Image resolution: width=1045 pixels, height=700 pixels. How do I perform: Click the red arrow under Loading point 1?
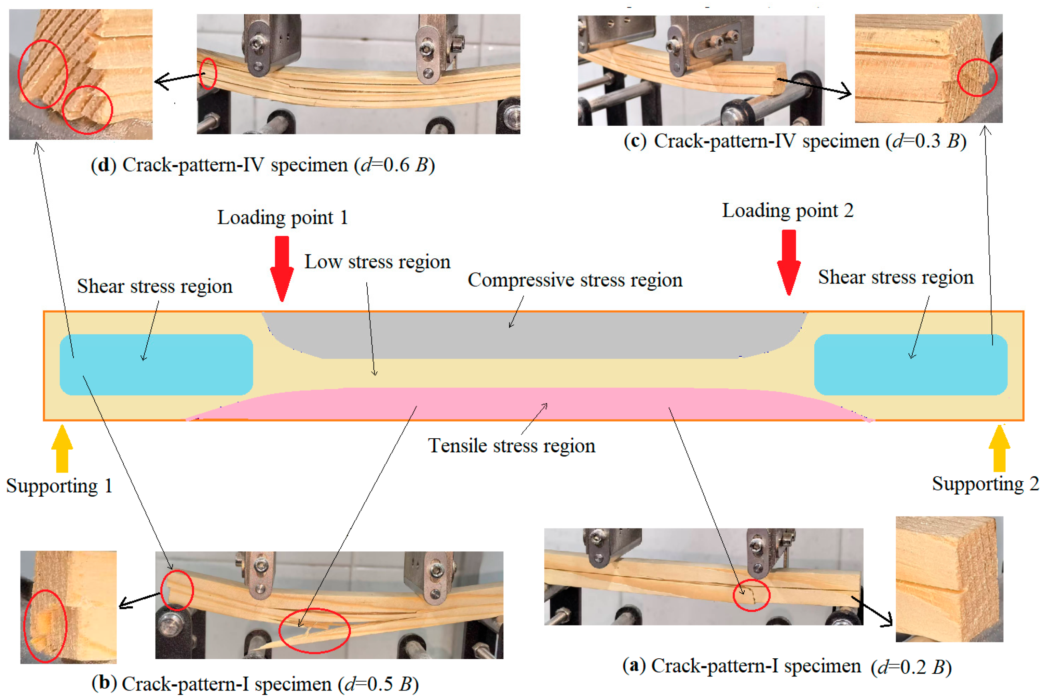pyautogui.click(x=282, y=268)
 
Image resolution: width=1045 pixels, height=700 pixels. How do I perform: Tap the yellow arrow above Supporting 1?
pyautogui.click(x=62, y=448)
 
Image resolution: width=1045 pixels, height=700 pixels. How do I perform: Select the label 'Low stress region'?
pyautogui.click(x=377, y=262)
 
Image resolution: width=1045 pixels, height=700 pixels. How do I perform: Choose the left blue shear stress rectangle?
pyautogui.click(x=156, y=365)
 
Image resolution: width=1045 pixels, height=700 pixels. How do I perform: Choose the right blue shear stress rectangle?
pyautogui.click(x=911, y=365)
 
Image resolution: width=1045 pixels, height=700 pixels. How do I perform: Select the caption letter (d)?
pyautogui.click(x=103, y=165)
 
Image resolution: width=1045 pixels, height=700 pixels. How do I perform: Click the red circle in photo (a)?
pyautogui.click(x=751, y=595)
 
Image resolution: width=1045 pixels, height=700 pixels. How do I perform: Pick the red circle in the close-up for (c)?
pyautogui.click(x=977, y=77)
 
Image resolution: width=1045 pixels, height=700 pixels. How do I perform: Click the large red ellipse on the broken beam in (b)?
pyautogui.click(x=314, y=630)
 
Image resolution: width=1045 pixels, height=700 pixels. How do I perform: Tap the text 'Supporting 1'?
pyautogui.click(x=59, y=486)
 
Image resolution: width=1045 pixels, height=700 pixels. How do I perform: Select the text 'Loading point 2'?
pyautogui.click(x=788, y=211)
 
